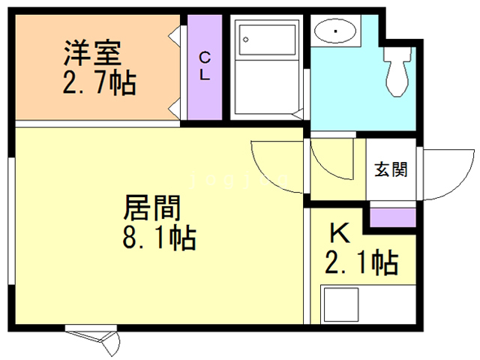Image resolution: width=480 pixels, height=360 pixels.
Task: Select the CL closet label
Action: click(x=204, y=66)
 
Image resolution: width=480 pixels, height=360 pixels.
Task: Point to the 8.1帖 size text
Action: click(x=159, y=239)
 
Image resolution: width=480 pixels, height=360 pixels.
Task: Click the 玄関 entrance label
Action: click(x=391, y=169)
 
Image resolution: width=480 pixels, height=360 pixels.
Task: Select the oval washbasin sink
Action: click(x=334, y=32)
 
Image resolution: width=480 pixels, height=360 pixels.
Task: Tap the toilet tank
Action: click(x=397, y=55)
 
